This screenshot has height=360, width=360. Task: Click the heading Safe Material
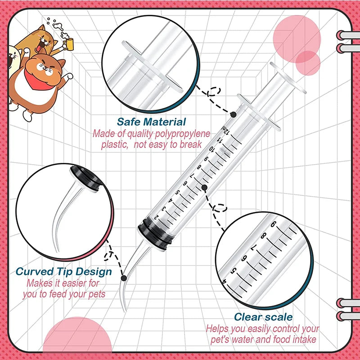(151, 121)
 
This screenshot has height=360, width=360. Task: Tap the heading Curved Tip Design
(63, 272)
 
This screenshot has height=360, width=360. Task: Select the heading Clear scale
(263, 317)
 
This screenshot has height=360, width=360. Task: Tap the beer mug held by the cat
(67, 43)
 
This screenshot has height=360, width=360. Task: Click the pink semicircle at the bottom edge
(70, 340)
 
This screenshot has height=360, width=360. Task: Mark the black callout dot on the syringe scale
(204, 187)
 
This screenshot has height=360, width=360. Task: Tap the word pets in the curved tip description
(94, 295)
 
